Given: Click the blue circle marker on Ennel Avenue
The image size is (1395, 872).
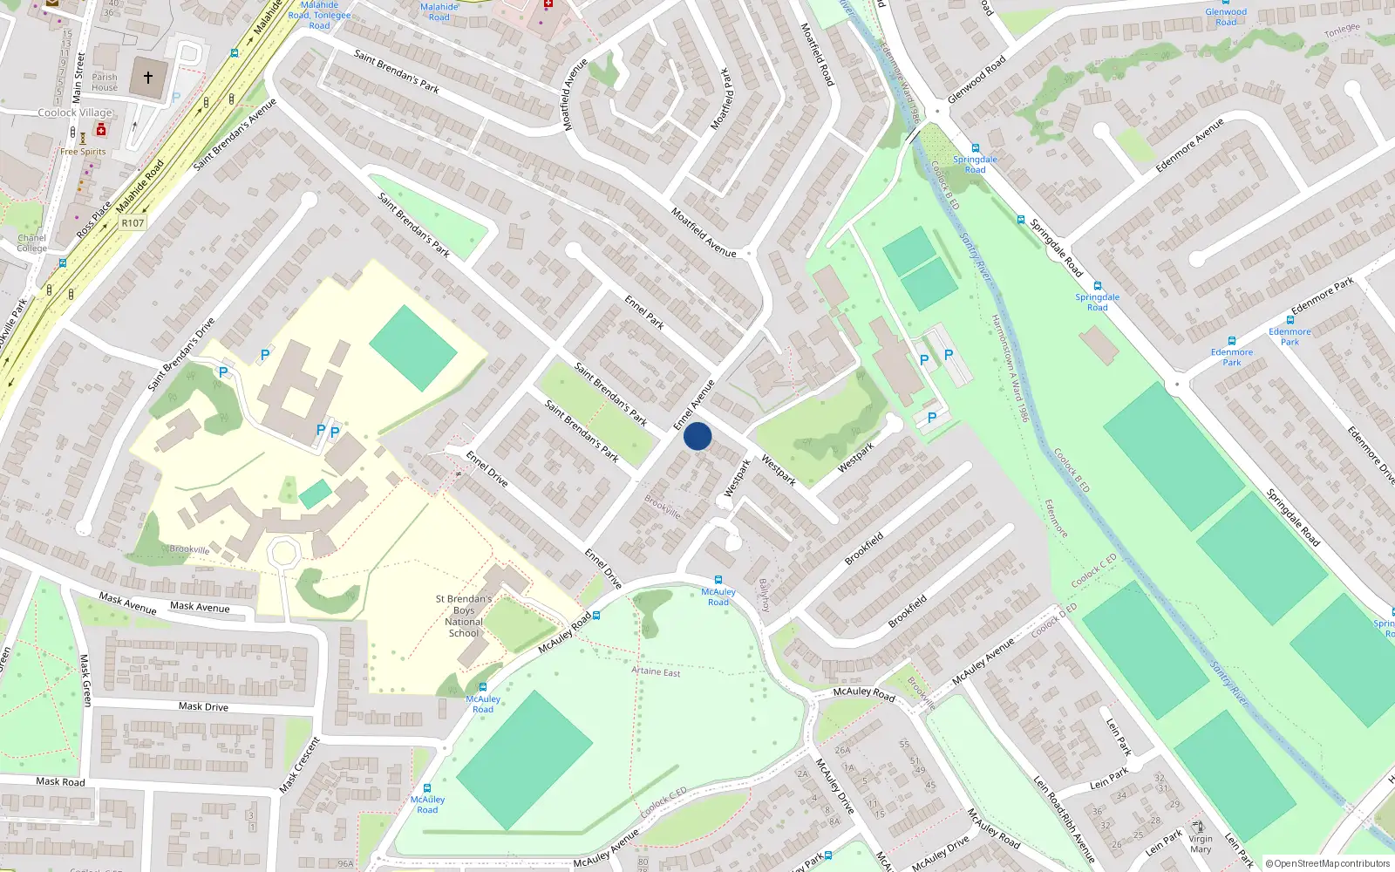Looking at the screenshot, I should (x=697, y=436).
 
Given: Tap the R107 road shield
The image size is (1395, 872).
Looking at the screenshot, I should (x=133, y=223).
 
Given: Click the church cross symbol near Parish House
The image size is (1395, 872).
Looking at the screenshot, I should (x=148, y=78).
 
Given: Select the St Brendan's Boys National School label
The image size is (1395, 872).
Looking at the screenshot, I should (x=464, y=616).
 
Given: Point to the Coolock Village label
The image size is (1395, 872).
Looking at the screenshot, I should (x=75, y=112).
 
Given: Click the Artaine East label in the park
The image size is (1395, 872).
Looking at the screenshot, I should (x=656, y=671).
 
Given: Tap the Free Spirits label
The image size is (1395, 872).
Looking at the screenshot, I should (x=83, y=152).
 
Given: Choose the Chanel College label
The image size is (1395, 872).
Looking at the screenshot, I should (x=31, y=243).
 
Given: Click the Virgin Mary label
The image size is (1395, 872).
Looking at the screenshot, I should (x=1201, y=844).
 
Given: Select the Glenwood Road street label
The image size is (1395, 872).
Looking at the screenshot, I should (x=976, y=79).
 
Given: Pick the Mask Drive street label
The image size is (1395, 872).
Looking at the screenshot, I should (x=203, y=706).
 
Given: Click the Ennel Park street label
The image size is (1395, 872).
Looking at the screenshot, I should (x=644, y=312).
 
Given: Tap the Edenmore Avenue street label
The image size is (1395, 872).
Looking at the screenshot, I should (x=1189, y=145).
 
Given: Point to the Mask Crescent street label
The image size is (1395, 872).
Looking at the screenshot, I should (x=299, y=765).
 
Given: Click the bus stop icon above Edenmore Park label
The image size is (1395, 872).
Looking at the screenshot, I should (x=1232, y=341).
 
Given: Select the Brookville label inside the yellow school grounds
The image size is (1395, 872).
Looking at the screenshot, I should (x=189, y=549).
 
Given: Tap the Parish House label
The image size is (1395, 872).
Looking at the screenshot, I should (x=105, y=82).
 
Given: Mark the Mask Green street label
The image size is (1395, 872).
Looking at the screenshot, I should (x=85, y=680).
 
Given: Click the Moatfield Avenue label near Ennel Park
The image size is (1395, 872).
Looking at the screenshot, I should (x=704, y=232).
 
